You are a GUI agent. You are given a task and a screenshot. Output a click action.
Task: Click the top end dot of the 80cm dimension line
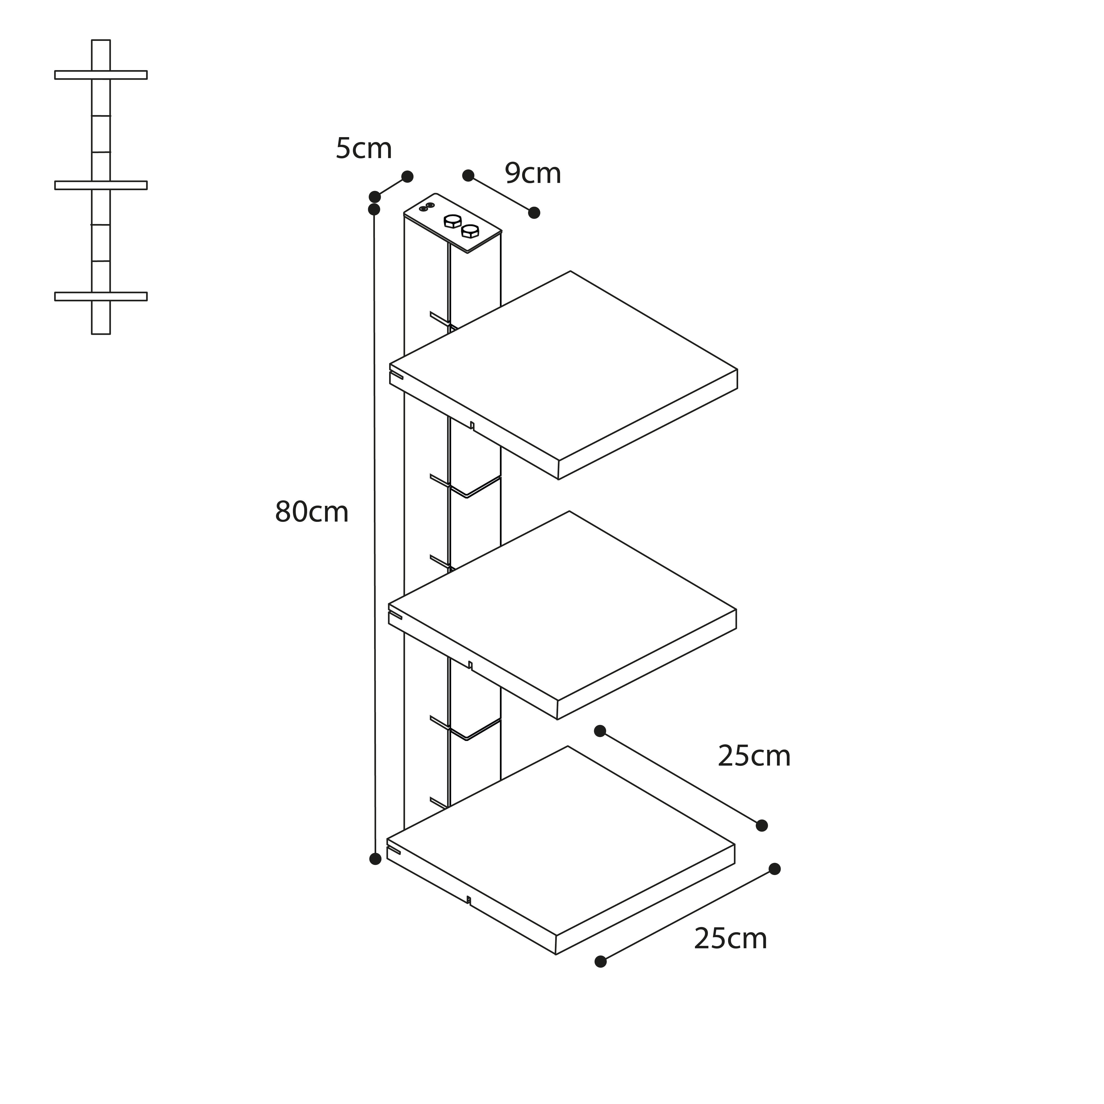374,210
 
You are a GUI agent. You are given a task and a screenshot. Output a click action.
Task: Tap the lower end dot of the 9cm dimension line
534,213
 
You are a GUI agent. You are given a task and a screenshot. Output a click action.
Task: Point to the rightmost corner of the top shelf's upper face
737,370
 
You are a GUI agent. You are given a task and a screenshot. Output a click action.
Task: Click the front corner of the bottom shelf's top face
556,935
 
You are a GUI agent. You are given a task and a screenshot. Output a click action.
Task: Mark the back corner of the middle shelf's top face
569,512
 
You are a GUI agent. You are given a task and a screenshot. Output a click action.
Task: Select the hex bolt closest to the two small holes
453,221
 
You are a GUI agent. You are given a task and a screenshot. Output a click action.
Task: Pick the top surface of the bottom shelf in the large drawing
561,841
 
